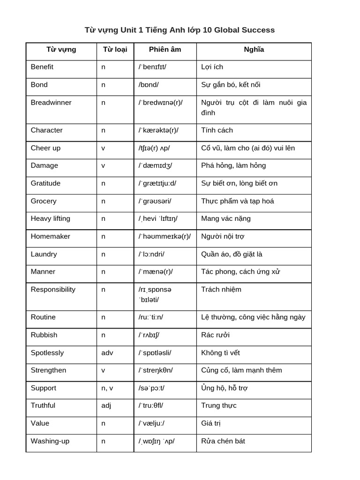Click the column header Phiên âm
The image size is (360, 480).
point(165,49)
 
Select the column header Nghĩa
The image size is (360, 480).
point(254,49)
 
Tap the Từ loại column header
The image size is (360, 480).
point(115,49)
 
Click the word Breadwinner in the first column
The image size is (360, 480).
point(51,103)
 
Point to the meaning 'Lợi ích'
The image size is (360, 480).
point(212,67)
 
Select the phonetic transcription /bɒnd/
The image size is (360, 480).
point(149,85)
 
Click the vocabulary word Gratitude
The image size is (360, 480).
point(45,183)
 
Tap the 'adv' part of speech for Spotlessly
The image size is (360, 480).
point(107,352)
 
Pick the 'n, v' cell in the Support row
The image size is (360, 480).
point(108,388)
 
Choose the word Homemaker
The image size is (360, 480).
point(50,236)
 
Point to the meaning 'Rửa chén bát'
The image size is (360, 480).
point(223,441)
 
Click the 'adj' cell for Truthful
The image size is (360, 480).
point(106,405)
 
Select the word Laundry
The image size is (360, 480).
point(44,254)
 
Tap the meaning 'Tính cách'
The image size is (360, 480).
point(217,130)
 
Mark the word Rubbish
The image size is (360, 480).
point(44,335)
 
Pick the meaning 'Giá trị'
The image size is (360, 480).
point(211,423)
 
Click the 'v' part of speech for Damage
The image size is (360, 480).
point(103,165)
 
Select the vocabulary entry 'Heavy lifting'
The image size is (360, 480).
point(51,218)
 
